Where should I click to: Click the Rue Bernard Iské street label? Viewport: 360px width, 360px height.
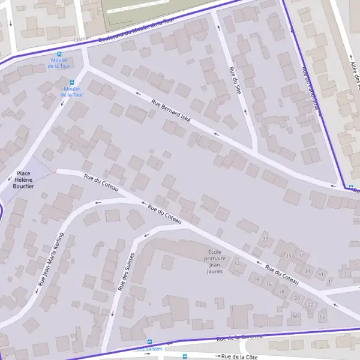(171, 111)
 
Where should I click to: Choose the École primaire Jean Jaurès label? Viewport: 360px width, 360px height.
(215, 262)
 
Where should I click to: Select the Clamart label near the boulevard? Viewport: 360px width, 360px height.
(83, 38)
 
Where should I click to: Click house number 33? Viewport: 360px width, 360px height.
(265, 239)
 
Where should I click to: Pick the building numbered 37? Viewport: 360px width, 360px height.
(301, 256)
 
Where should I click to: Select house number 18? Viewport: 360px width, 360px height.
(282, 291)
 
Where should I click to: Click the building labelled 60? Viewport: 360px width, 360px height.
(295, 315)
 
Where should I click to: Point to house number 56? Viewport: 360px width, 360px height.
(323, 317)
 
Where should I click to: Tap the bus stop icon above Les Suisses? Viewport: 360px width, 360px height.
(149, 342)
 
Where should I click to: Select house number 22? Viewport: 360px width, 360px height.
(310, 305)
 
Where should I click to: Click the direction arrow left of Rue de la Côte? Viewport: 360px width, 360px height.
(215, 356)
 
